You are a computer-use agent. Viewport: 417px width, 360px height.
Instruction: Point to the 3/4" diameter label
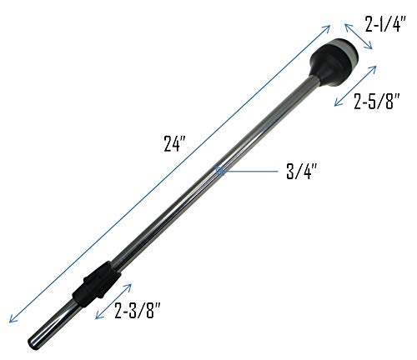point(302,172)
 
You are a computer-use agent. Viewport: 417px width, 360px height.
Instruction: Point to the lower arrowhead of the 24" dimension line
point(11,319)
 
